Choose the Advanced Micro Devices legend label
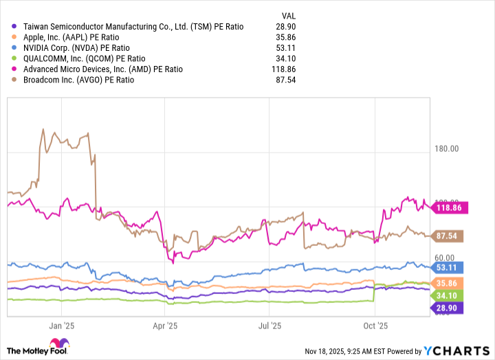pos(102,69)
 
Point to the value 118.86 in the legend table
pos(280,69)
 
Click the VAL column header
pos(283,14)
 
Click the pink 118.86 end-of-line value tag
pos(449,207)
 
